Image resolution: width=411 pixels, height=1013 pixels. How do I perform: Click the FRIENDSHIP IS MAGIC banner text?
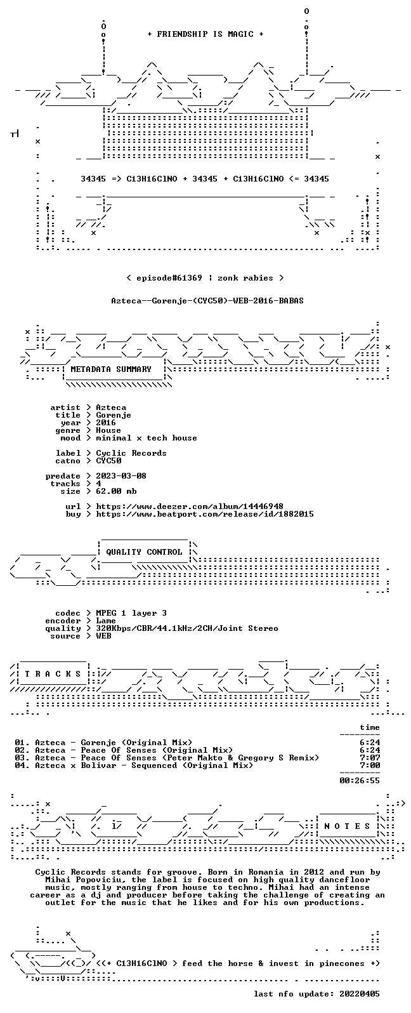click(205, 34)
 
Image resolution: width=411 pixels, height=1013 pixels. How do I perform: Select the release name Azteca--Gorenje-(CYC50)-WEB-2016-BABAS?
click(207, 301)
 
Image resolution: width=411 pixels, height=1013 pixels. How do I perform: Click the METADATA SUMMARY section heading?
click(111, 369)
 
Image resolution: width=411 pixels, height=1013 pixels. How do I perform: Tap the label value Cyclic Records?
click(131, 453)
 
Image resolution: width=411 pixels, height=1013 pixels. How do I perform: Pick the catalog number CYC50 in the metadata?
click(108, 461)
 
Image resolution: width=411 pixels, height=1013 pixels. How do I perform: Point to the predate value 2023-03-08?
click(121, 476)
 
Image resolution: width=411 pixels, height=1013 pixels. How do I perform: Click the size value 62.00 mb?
click(116, 491)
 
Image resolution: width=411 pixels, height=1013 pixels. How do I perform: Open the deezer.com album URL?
click(190, 506)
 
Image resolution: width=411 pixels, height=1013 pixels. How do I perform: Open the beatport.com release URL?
click(205, 514)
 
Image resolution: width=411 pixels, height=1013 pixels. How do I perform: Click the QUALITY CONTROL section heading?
click(144, 552)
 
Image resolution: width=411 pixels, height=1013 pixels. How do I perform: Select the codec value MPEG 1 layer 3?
click(131, 613)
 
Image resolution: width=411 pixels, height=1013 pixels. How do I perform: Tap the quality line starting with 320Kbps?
click(187, 628)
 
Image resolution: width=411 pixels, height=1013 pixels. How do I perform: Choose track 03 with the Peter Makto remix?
click(167, 758)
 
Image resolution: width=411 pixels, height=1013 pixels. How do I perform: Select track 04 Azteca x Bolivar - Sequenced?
click(134, 765)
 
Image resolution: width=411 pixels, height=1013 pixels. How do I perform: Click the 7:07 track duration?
click(370, 758)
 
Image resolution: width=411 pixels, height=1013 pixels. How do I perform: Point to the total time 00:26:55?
click(360, 781)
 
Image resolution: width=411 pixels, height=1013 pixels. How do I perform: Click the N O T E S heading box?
click(348, 826)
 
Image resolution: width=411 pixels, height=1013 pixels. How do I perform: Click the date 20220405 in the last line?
click(360, 994)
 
